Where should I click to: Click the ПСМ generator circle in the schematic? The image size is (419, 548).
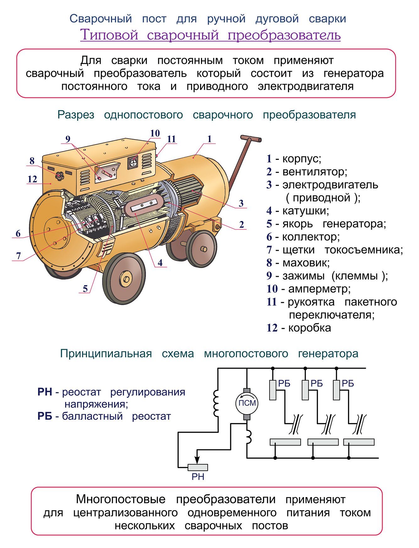coord(247,403)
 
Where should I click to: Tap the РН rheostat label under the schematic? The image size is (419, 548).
coord(198,477)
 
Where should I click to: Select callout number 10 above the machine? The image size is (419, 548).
coord(155,133)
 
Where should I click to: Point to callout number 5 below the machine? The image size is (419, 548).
coord(85,288)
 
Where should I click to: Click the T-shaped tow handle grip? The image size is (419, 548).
coord(251,138)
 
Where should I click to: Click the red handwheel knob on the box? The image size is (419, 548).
coord(59,176)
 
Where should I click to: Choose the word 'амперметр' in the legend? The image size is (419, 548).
coord(319,289)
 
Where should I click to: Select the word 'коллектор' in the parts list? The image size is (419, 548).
coord(311,237)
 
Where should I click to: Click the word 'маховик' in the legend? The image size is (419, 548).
coord(306,263)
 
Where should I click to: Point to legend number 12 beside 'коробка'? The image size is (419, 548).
coord(272,328)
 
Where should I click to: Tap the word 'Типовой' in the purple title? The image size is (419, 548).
coord(109,35)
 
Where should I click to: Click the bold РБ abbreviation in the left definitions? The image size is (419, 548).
coord(45,416)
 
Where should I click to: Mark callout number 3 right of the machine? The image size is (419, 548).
coord(241,203)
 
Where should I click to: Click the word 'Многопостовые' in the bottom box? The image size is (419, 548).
coord(121,499)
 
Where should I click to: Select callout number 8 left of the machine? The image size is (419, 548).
coord(32,161)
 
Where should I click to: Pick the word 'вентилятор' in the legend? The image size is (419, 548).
coord(314,172)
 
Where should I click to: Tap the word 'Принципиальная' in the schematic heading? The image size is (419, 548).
coord(106,354)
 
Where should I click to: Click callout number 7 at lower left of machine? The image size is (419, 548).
coord(19,256)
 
